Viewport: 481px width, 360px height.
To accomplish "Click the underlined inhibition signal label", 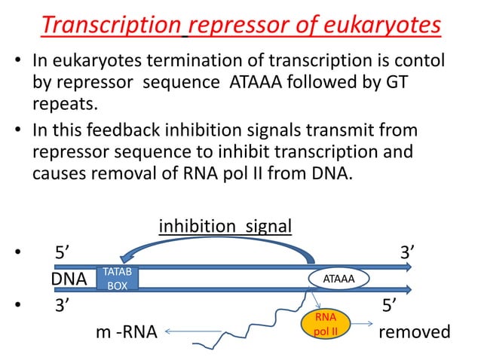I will tap(225, 226).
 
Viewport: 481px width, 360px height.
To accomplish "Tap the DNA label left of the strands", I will tap(69, 279).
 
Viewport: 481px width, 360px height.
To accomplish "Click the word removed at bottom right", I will tap(415, 332).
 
